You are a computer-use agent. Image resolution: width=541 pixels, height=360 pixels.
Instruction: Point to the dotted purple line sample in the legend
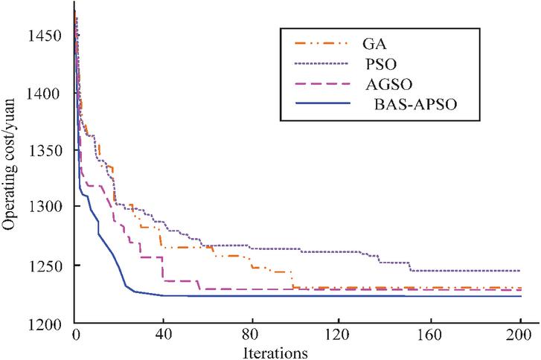[x=309, y=65]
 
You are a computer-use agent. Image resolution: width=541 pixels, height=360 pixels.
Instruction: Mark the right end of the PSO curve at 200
[x=519, y=271]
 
